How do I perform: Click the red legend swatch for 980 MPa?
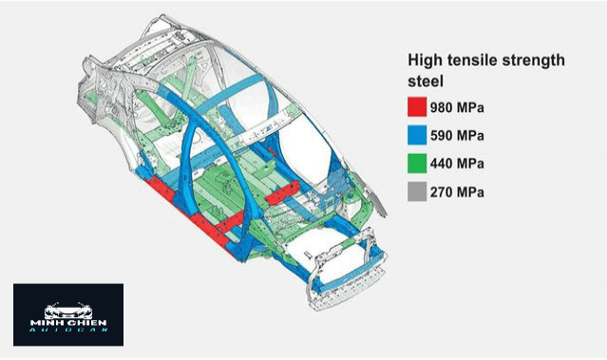(417, 106)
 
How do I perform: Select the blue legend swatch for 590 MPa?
(417, 135)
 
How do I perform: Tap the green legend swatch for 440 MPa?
(417, 163)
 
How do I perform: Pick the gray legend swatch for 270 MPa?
(417, 192)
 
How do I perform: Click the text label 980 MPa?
(457, 107)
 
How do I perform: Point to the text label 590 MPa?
(457, 136)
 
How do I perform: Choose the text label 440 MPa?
(457, 163)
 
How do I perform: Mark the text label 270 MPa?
(457, 192)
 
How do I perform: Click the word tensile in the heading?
(471, 60)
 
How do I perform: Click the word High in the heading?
(425, 61)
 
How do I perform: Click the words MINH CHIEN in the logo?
(68, 322)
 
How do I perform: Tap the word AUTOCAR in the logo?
(68, 330)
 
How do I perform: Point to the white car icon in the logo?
(68, 311)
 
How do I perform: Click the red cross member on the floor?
(282, 193)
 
